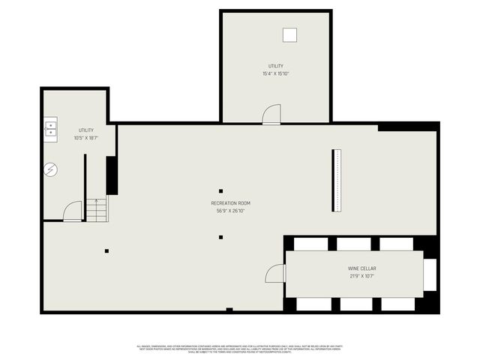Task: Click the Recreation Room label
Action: [229, 203]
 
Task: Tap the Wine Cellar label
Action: [361, 268]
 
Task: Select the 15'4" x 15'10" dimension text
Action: [275, 73]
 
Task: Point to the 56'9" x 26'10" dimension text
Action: [229, 211]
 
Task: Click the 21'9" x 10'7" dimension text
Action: [361, 276]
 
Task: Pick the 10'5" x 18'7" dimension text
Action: [85, 138]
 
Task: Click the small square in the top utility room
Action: [289, 34]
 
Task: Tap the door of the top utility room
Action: [271, 114]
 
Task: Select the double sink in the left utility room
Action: [50, 128]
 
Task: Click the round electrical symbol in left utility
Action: [50, 170]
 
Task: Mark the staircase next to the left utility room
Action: [97, 209]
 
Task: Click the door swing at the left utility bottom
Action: [73, 211]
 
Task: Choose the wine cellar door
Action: [276, 274]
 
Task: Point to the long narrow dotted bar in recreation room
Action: [336, 181]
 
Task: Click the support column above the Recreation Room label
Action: [220, 190]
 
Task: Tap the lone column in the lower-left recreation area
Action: [106, 250]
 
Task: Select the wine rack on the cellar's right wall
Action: [430, 274]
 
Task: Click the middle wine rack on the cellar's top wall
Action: [353, 244]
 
